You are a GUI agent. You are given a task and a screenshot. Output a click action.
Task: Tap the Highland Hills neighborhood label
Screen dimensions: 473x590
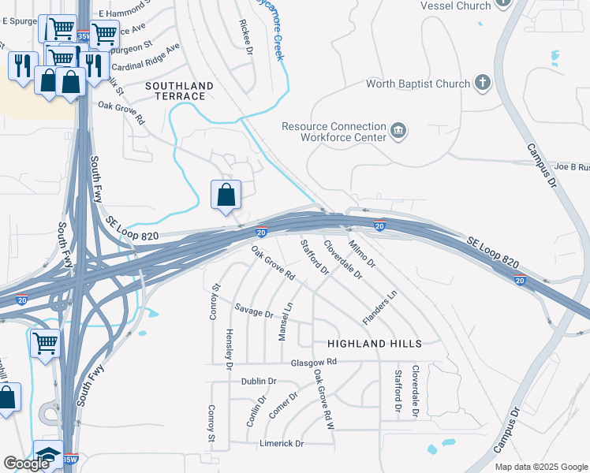pyautogui.click(x=375, y=344)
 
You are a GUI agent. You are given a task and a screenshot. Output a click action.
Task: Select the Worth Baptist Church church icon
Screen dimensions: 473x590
pyautogui.click(x=482, y=83)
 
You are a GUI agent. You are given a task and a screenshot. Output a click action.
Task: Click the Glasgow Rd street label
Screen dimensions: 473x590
pyautogui.click(x=313, y=362)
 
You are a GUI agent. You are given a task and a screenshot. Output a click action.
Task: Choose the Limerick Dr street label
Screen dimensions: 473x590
pyautogui.click(x=282, y=443)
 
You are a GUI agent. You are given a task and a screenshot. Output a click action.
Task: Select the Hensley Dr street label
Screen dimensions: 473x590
pyautogui.click(x=230, y=348)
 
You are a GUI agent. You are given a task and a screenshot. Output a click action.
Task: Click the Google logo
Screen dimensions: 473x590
pyautogui.click(x=25, y=464)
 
